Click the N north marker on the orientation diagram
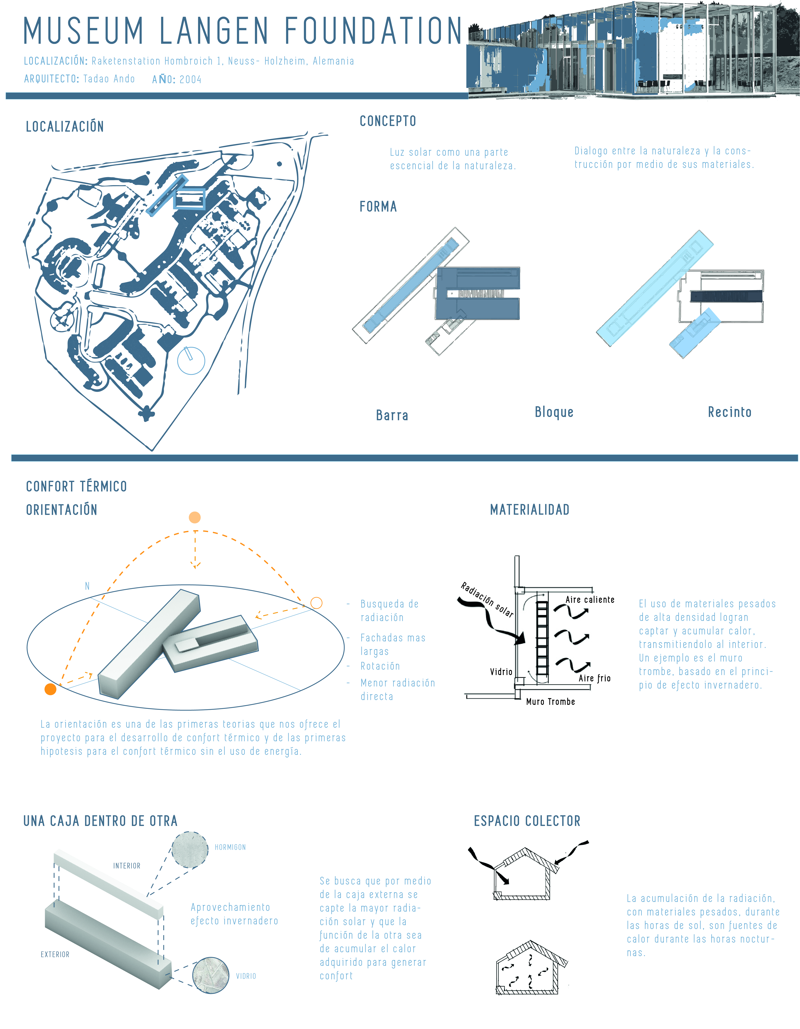[x=87, y=586]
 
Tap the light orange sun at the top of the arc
[x=194, y=517]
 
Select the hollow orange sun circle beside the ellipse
[x=317, y=603]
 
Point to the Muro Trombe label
[x=550, y=701]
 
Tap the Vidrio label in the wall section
[x=501, y=671]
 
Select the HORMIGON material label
[x=230, y=847]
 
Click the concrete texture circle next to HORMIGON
[x=190, y=850]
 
